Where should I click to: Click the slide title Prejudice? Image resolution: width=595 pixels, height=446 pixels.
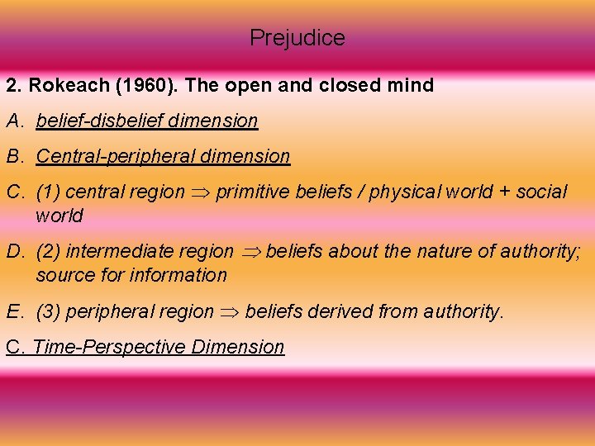pyautogui.click(x=297, y=38)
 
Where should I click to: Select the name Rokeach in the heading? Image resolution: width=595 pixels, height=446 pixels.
pyautogui.click(x=60, y=85)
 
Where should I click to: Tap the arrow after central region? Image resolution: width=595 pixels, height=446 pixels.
pyautogui.click(x=201, y=192)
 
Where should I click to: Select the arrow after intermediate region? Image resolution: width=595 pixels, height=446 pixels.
pyautogui.click(x=250, y=252)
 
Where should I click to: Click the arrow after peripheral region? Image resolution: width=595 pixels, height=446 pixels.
pyautogui.click(x=230, y=312)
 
